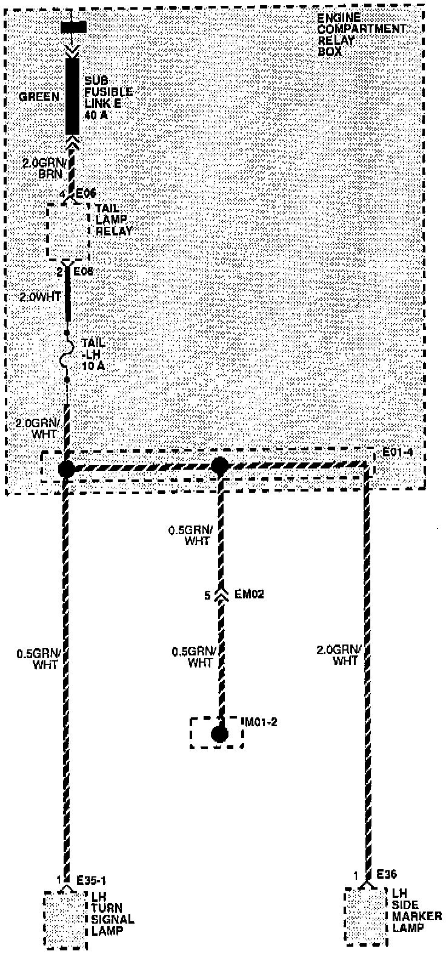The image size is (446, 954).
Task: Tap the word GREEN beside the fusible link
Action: coord(39,96)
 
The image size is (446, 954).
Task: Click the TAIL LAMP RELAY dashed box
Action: coord(69,231)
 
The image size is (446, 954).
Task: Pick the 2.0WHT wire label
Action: coord(41,297)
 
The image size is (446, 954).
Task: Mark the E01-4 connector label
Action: coord(397,452)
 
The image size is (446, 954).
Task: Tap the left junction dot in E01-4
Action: coord(66,469)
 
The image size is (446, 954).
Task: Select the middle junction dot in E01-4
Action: coord(219,467)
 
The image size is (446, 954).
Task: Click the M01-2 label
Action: coord(261,722)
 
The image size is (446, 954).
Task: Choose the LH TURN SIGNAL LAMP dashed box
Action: coord(65,919)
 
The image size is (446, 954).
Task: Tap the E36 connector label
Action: coord(385,874)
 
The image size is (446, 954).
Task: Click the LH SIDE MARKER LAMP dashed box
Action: coord(365,916)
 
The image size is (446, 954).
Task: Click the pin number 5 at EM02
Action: coord(207,596)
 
